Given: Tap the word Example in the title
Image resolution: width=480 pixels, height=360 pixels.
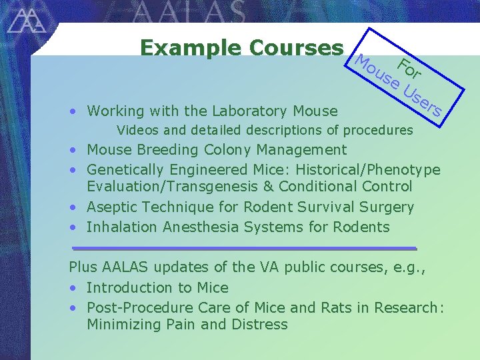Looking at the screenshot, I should (191, 48).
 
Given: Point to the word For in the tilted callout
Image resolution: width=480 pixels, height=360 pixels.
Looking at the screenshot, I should (408, 68).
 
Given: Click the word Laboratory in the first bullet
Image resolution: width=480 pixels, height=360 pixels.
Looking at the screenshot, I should (239, 111).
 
